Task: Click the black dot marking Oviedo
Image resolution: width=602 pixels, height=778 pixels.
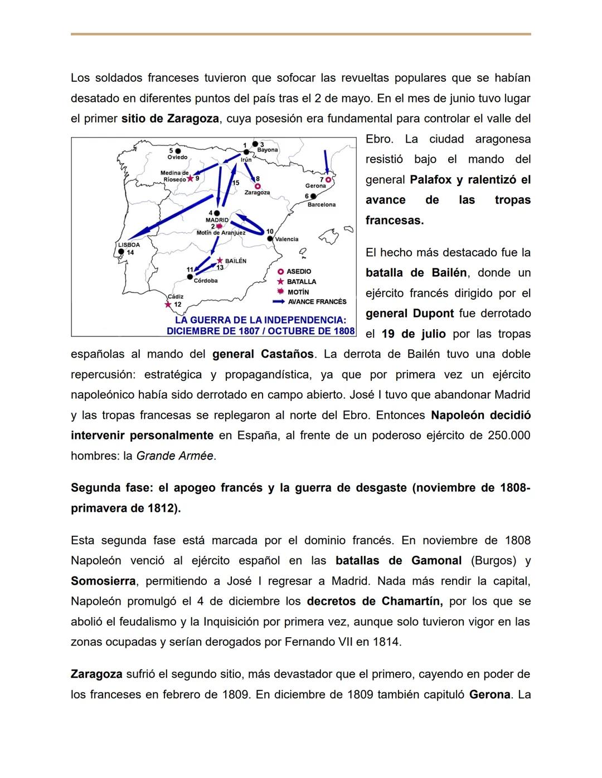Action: tap(178, 150)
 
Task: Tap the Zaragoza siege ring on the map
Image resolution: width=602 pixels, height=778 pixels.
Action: tap(258, 186)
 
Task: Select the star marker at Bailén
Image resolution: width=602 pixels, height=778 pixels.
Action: tap(220, 261)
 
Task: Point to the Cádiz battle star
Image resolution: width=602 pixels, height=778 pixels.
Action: tap(168, 305)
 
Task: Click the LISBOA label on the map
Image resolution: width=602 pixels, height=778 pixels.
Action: tap(129, 244)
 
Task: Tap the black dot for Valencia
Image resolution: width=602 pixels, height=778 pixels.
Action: tap(270, 238)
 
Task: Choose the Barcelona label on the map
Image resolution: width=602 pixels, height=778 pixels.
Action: tap(322, 204)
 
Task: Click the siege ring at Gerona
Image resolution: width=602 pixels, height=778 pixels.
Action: tap(329, 180)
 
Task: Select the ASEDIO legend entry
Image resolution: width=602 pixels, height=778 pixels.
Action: tap(299, 271)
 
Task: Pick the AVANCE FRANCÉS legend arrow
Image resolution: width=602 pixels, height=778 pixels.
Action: tap(279, 302)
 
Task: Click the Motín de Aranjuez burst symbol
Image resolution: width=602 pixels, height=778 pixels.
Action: tap(219, 226)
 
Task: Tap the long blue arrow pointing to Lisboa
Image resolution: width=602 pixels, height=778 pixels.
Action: tap(167, 222)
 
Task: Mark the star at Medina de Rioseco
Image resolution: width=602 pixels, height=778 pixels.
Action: tap(190, 178)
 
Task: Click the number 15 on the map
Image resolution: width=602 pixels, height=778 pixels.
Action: tap(236, 183)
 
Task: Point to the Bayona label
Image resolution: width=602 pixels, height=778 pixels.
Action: tap(268, 150)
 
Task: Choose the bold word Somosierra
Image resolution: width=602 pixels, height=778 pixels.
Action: tap(103, 581)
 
